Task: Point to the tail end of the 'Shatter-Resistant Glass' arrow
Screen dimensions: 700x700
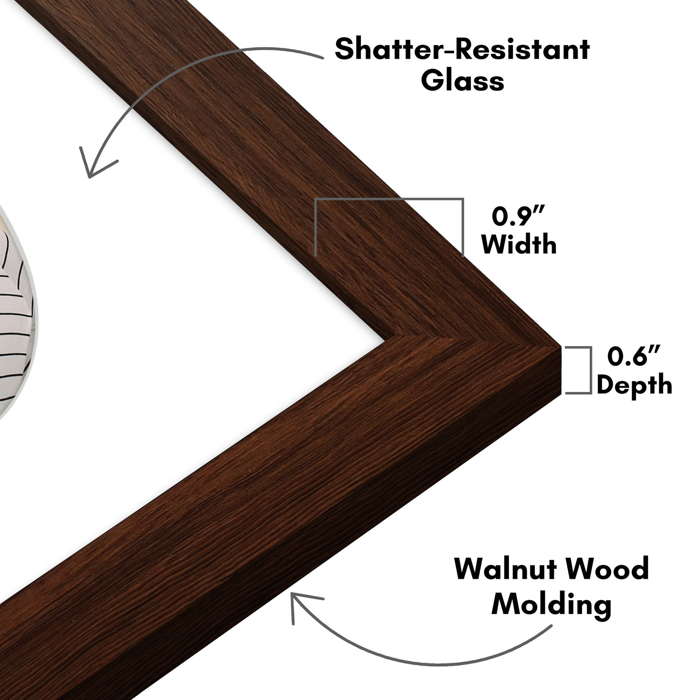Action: (323, 58)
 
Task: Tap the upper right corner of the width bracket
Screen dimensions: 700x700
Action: (463, 199)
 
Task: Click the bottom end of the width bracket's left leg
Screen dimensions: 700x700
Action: (316, 256)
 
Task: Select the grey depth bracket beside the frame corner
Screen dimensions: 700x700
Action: (578, 370)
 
